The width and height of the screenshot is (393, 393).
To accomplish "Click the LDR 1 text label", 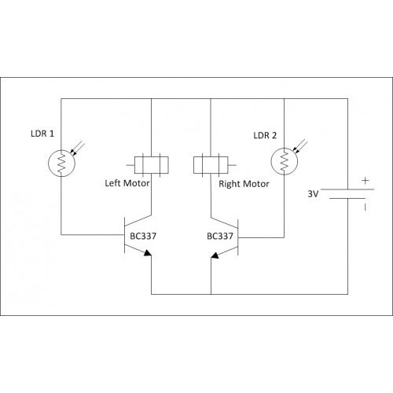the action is coord(42,134).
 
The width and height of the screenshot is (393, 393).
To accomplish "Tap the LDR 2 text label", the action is coord(265,135).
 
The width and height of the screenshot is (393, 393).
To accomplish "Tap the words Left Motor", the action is coord(127,183).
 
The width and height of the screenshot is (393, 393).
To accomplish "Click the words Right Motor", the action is coord(244,184).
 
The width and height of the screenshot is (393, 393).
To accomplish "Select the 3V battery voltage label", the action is coord(313,194).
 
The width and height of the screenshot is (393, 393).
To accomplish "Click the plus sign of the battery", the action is coord(365,181).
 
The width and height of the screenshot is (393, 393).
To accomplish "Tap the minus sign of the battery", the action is coord(365,208).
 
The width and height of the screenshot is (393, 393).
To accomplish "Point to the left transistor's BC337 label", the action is coord(143,236).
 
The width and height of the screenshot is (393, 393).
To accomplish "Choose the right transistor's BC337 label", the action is coord(220,236).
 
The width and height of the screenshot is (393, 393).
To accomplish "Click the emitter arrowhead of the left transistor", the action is coord(148,252).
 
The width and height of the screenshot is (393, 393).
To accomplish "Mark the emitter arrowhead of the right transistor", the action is coord(215,255).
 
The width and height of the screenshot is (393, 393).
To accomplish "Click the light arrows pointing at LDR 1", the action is coord(78,149).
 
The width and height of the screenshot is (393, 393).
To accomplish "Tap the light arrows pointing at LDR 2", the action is coord(300,146).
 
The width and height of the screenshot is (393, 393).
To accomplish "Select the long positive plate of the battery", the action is coord(347,189).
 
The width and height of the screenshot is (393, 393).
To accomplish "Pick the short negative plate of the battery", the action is coord(347,198).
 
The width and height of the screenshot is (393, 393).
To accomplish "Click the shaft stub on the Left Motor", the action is coord(130,165).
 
